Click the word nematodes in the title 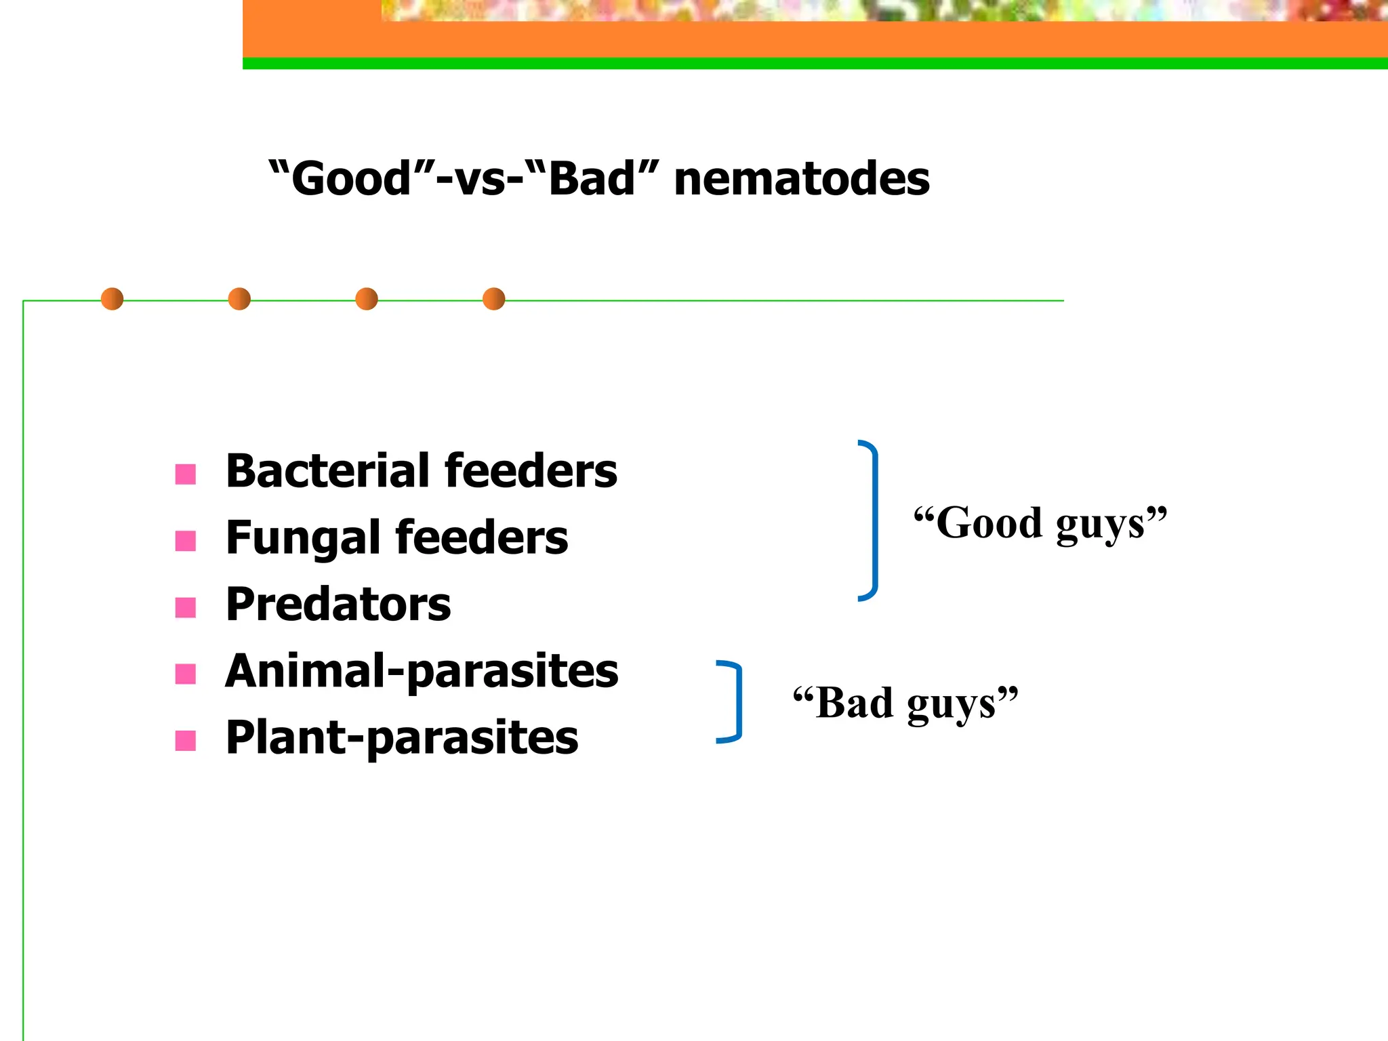point(802,180)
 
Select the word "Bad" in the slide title point(592,179)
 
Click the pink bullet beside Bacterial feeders point(186,474)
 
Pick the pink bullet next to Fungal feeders point(186,541)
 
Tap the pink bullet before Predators point(186,607)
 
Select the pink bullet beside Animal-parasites point(186,674)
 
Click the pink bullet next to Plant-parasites point(186,740)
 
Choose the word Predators point(338,604)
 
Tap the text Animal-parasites point(422,672)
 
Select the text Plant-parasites point(402,738)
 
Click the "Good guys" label point(1040,524)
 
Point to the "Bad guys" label point(905,703)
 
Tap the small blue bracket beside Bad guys point(736,701)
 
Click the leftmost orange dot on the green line point(113,299)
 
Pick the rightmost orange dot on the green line point(494,299)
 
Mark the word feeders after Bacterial point(530,470)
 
